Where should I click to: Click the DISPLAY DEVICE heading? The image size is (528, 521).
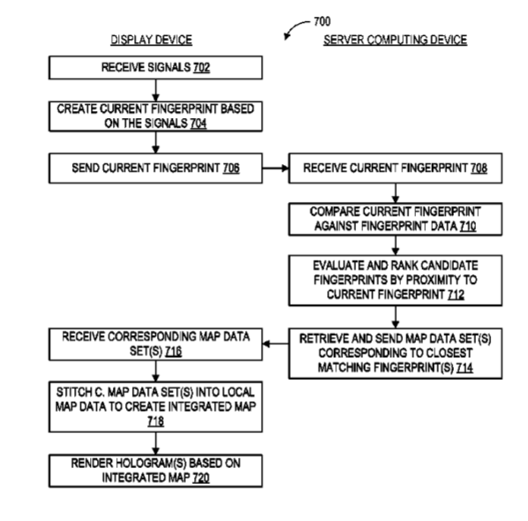pyautogui.click(x=152, y=40)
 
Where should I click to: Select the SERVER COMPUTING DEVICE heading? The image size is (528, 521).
pyautogui.click(x=395, y=40)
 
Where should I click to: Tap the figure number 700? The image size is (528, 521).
pyautogui.click(x=322, y=21)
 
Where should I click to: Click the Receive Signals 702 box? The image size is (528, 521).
pyautogui.click(x=155, y=68)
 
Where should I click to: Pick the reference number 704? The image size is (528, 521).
pyautogui.click(x=198, y=123)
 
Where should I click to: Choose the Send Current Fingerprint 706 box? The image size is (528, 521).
pyautogui.click(x=155, y=168)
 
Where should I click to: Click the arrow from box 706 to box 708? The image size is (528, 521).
pyautogui.click(x=275, y=168)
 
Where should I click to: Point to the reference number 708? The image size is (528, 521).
pyautogui.click(x=479, y=168)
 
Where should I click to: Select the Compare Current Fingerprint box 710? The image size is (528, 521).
pyautogui.click(x=395, y=219)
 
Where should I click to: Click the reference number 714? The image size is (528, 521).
pyautogui.click(x=465, y=368)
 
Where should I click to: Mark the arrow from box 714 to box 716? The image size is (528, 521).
pyautogui.click(x=275, y=344)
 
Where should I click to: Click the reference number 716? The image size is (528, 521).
pyautogui.click(x=174, y=351)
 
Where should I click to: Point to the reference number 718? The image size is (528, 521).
pyautogui.click(x=155, y=421)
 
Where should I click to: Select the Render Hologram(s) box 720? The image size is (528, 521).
pyautogui.click(x=155, y=471)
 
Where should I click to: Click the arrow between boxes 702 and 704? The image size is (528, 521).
pyautogui.click(x=155, y=90)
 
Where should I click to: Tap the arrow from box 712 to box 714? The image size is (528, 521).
pyautogui.click(x=396, y=316)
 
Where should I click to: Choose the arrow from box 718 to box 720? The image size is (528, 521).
pyautogui.click(x=155, y=443)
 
